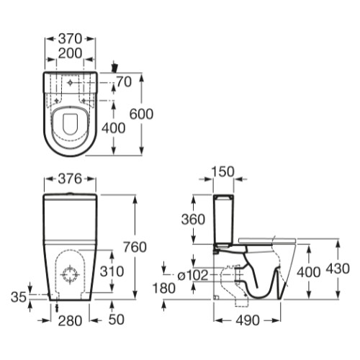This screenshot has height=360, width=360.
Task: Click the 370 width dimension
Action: pyautogui.click(x=71, y=39)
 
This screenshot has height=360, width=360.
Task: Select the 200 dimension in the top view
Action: pyautogui.click(x=70, y=53)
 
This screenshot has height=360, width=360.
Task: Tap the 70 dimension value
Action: pyautogui.click(x=125, y=81)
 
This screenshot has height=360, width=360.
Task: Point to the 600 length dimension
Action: pyautogui.click(x=141, y=114)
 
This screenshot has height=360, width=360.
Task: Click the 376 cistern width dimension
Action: pyautogui.click(x=71, y=179)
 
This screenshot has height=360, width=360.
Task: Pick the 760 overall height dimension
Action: pyautogui.click(x=135, y=247)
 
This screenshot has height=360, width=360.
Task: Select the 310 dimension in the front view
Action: pyautogui.click(x=112, y=271)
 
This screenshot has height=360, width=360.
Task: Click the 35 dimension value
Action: pyautogui.click(x=19, y=297)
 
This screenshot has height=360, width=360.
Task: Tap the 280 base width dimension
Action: pyautogui.click(x=70, y=321)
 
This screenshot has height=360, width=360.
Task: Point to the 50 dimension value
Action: pyautogui.click(x=117, y=320)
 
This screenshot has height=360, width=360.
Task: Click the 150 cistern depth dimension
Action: pyautogui.click(x=222, y=172)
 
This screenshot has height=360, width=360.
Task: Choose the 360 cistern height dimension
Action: pyautogui.click(x=193, y=220)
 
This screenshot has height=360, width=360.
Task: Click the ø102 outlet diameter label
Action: pyautogui.click(x=193, y=275)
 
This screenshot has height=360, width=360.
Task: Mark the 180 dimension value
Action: pyautogui.click(x=164, y=288)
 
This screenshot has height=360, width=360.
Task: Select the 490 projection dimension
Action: pyautogui.click(x=248, y=320)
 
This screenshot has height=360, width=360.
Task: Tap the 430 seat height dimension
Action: pyautogui.click(x=338, y=269)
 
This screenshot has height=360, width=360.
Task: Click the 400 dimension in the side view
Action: pyautogui.click(x=309, y=272)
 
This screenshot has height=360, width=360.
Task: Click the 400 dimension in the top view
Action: pyautogui.click(x=113, y=128)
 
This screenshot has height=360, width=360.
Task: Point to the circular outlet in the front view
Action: pyautogui.click(x=71, y=274)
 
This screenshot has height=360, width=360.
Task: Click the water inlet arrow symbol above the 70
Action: pyautogui.click(x=115, y=67)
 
